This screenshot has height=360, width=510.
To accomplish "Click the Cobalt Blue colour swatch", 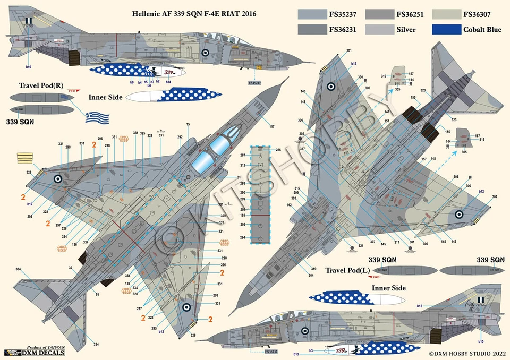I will point(445,29).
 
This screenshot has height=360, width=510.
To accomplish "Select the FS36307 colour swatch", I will point(445,14).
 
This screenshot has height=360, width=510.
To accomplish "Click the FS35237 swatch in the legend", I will point(311,14).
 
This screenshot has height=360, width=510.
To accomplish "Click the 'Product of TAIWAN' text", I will point(44,346).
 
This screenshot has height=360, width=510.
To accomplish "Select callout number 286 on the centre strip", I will point(278,150).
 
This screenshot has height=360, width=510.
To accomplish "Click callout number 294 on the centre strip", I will point(243,237).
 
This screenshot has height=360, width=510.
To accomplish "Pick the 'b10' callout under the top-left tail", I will point(28,67).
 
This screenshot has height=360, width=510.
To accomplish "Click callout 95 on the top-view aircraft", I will point(97,294).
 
